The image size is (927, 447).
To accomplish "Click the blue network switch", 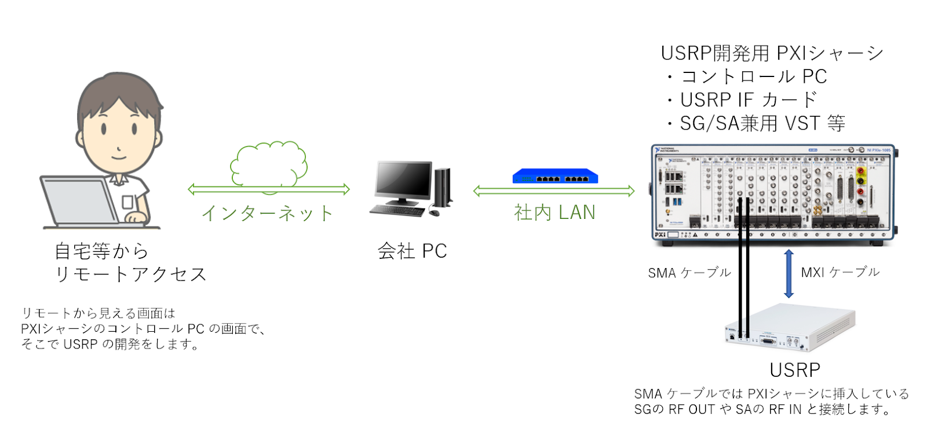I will (554, 176).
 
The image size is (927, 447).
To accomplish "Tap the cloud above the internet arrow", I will (269, 164).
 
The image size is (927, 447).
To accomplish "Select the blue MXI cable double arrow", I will (789, 273).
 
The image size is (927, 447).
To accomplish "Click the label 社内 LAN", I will (554, 212).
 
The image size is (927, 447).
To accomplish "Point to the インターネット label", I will (267, 214).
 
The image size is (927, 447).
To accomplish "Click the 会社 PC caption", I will (412, 251).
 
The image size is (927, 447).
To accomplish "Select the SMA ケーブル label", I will (689, 273).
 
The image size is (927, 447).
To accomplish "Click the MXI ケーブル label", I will (840, 272).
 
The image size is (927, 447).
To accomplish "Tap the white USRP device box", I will (790, 327).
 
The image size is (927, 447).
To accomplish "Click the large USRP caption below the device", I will (794, 370).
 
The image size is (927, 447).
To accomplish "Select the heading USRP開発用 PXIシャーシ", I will (771, 53).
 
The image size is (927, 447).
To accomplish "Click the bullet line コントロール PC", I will (753, 76).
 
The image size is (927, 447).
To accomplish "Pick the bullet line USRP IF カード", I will (748, 100).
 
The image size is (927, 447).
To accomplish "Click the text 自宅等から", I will (101, 251).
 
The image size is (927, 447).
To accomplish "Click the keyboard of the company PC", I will (397, 211).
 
